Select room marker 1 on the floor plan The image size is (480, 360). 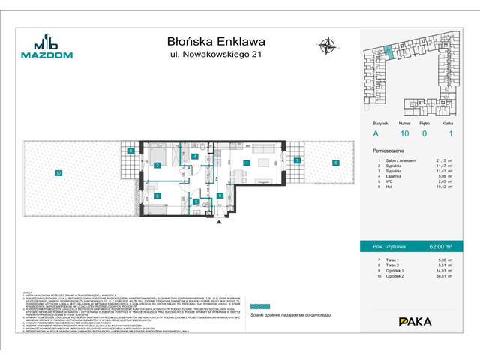point(245,162)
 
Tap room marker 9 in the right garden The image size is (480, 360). point(337,162)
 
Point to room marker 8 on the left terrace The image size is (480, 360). point(130,152)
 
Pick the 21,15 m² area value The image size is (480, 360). point(444,160)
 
